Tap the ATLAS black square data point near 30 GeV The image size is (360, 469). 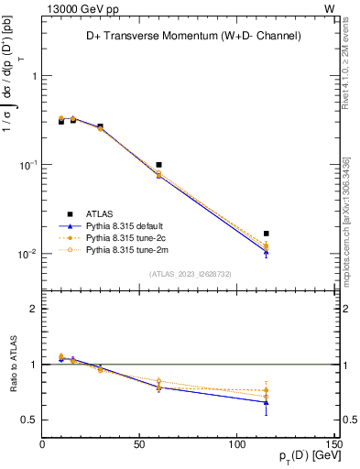click(101, 126)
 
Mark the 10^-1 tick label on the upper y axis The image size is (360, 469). click(28, 166)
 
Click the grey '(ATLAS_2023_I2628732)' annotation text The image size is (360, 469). click(190, 273)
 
